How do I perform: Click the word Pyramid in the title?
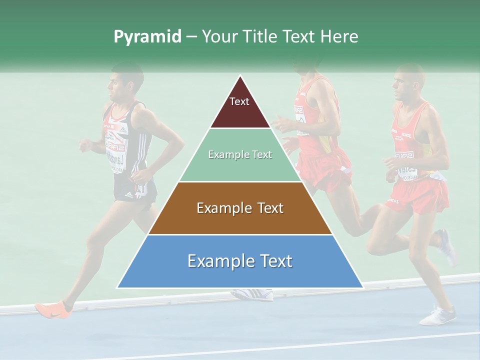point(147,37)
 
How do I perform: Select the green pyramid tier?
point(240,155)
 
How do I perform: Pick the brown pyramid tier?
point(240,208)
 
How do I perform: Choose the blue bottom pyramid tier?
point(240,261)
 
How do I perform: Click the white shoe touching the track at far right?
point(438,316)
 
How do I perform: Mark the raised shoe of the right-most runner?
point(446,246)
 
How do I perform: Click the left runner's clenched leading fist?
point(86,145)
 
